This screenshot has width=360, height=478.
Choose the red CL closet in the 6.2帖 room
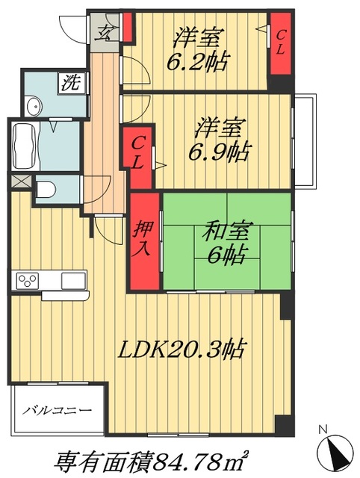280,43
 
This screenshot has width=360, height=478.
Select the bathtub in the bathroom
22,146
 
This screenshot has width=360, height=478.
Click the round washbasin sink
32,107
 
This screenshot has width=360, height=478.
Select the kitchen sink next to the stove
73,282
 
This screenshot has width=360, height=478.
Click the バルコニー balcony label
57,410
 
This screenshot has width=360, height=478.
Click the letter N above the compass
323,429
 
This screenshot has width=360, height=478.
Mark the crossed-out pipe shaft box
20,180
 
